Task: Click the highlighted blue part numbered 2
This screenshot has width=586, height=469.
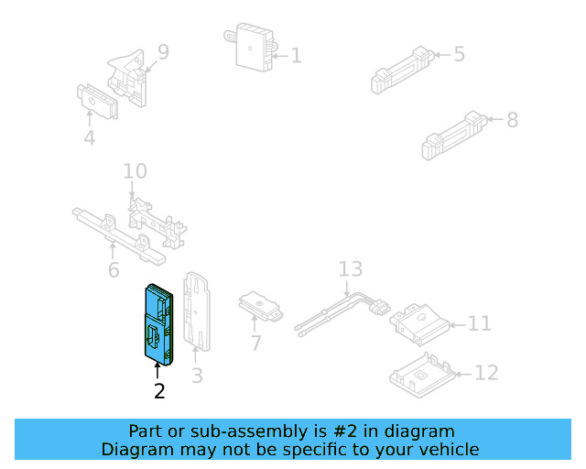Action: click(x=157, y=323)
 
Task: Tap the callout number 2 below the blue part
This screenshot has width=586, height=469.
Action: click(x=159, y=391)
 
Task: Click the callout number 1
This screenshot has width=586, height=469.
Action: click(x=296, y=56)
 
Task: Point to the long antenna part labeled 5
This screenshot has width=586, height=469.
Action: click(x=401, y=68)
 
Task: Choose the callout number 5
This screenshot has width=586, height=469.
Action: click(x=459, y=54)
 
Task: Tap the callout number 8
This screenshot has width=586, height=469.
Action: click(x=512, y=119)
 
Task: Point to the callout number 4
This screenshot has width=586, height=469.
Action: click(x=89, y=138)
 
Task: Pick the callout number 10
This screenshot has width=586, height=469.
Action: click(x=135, y=171)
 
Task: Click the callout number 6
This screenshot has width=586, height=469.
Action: click(x=114, y=269)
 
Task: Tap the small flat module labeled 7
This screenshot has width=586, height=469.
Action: click(x=261, y=307)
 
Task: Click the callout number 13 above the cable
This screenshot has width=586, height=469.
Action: click(x=351, y=269)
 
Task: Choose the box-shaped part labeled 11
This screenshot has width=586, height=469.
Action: click(x=420, y=321)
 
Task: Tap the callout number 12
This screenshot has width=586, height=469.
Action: click(x=487, y=373)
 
